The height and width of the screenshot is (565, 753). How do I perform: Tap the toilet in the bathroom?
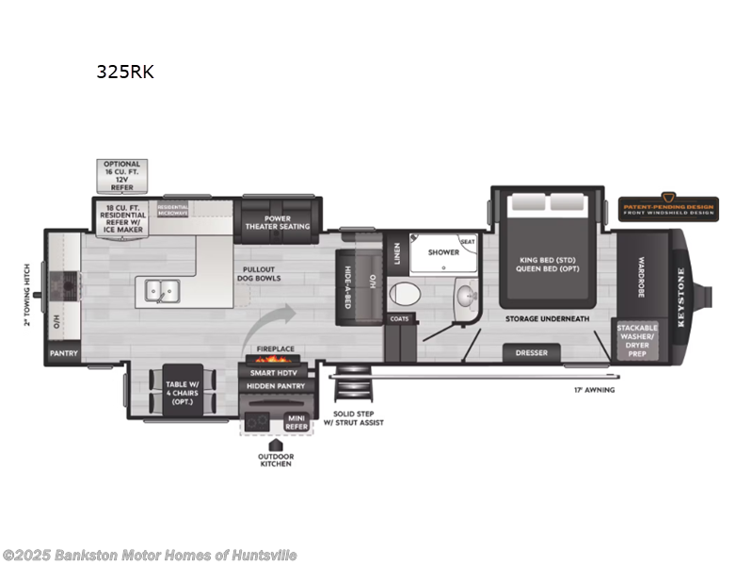[402, 293]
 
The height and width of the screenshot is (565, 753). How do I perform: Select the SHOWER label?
[443, 252]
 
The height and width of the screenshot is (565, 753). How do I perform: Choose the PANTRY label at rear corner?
[64, 354]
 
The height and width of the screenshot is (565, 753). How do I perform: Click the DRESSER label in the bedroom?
[531, 354]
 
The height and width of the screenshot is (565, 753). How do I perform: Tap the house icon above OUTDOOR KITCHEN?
[276, 442]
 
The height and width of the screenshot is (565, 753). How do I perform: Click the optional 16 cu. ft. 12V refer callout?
[122, 175]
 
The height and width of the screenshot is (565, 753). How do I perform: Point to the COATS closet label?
[399, 319]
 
